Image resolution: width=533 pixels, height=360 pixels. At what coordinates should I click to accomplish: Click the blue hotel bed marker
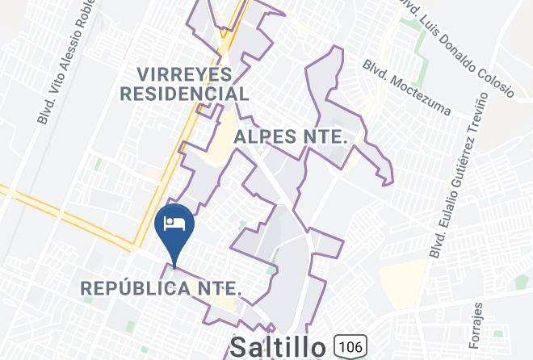pos(174,226)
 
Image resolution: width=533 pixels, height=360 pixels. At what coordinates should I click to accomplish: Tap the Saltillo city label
pos(278,347)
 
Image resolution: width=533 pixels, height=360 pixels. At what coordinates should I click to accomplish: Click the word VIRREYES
pos(185,74)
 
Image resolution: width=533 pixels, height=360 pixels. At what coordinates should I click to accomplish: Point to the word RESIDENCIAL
pos(184,94)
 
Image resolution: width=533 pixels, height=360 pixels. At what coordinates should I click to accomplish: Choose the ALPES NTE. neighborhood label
pos(290,137)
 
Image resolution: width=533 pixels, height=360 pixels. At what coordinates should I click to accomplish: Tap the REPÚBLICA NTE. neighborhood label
pos(162,287)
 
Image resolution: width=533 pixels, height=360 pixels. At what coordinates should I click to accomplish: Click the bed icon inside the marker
pos(174,222)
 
